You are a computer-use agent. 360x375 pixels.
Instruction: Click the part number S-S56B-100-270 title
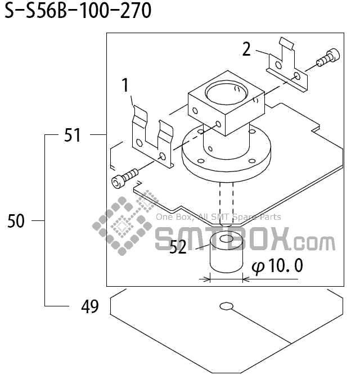point(78,11)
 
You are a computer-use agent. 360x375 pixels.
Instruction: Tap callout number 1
point(125,85)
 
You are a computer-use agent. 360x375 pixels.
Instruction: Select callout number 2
point(246,49)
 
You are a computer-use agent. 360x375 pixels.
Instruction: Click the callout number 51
point(73,135)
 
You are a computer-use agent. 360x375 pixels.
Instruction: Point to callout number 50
point(16,222)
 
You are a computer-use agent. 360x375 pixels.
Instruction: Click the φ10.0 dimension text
point(277,266)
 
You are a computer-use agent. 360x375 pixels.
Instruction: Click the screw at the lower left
point(124,179)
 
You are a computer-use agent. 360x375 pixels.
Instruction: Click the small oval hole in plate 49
point(226,306)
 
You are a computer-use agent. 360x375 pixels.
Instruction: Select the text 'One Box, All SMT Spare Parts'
point(218,217)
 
